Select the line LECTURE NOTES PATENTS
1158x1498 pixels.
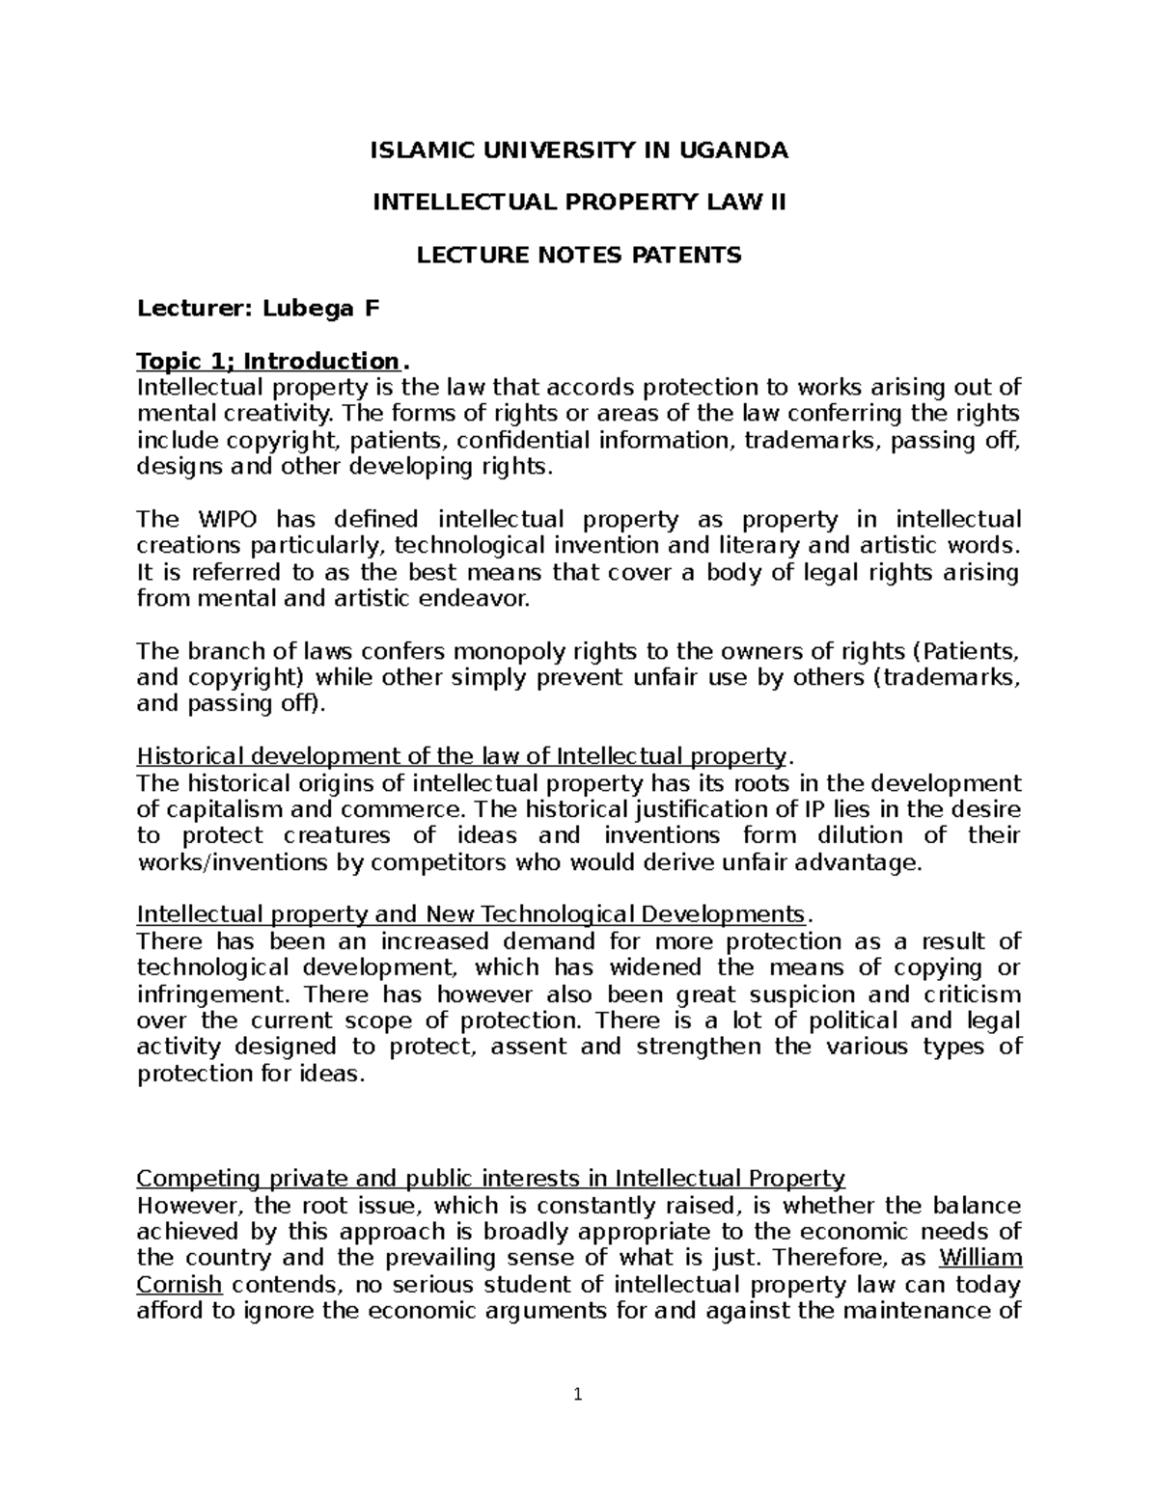point(578,256)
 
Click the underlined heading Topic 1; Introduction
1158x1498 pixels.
point(267,362)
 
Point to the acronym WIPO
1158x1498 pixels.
point(223,520)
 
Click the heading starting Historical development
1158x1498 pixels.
point(462,755)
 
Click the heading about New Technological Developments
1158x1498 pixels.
point(471,914)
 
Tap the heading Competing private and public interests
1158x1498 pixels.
point(490,1179)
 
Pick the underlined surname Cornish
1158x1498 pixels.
point(179,1285)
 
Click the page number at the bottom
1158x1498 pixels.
point(578,1395)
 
